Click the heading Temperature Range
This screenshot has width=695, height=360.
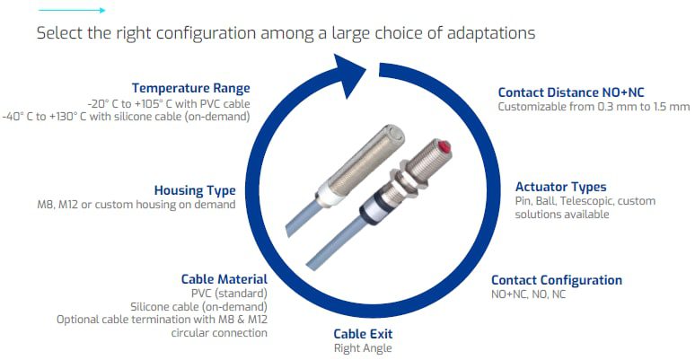(190, 88)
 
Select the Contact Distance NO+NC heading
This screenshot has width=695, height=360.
(570, 92)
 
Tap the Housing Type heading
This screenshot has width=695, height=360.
(194, 190)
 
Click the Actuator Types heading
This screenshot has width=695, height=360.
(560, 187)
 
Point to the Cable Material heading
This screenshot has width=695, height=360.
(224, 279)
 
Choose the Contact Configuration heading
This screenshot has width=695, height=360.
(556, 280)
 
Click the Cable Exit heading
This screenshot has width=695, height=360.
(363, 334)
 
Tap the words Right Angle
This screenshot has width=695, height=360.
(363, 348)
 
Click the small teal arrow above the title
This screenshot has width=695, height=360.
(89, 11)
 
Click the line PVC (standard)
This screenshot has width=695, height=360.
(229, 294)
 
